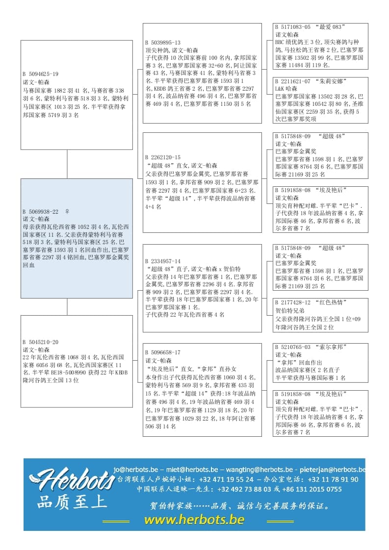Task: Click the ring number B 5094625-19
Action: (40, 75)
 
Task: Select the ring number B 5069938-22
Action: (40, 212)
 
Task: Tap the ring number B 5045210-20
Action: (40, 342)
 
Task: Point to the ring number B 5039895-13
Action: (163, 43)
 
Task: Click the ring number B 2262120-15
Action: (163, 158)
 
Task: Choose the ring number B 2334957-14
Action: (163, 261)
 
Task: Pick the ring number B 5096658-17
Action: (163, 352)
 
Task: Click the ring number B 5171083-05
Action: (293, 27)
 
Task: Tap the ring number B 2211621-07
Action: (293, 81)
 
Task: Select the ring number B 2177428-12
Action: (293, 302)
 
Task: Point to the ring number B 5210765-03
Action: (293, 347)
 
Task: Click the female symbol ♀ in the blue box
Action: (67, 212)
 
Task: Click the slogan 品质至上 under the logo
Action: (72, 501)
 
